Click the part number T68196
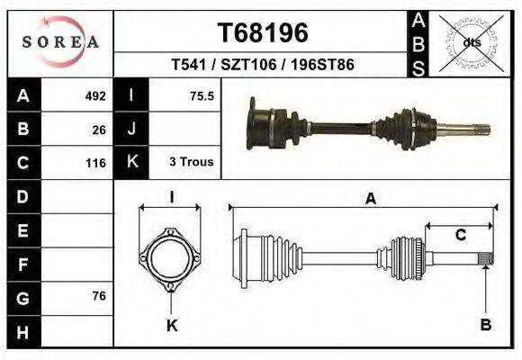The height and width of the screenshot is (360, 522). (262, 33)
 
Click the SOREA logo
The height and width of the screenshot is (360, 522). (60, 42)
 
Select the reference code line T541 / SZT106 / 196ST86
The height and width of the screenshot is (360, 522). (262, 66)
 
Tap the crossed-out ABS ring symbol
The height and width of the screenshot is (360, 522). (471, 42)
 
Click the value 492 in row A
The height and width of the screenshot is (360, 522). (95, 95)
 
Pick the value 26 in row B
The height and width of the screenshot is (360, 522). (99, 129)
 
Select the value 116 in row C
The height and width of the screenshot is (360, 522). (95, 163)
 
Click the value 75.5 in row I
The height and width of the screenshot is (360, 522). (202, 95)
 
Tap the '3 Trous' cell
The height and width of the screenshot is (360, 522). (191, 162)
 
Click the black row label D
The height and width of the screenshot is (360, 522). (22, 196)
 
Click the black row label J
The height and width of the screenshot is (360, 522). (131, 129)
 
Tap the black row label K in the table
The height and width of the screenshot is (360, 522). (131, 163)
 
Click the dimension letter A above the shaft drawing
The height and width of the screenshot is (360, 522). (370, 200)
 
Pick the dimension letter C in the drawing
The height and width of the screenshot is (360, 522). (460, 236)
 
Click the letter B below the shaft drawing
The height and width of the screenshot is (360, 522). (486, 325)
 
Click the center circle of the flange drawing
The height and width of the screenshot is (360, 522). (170, 259)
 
